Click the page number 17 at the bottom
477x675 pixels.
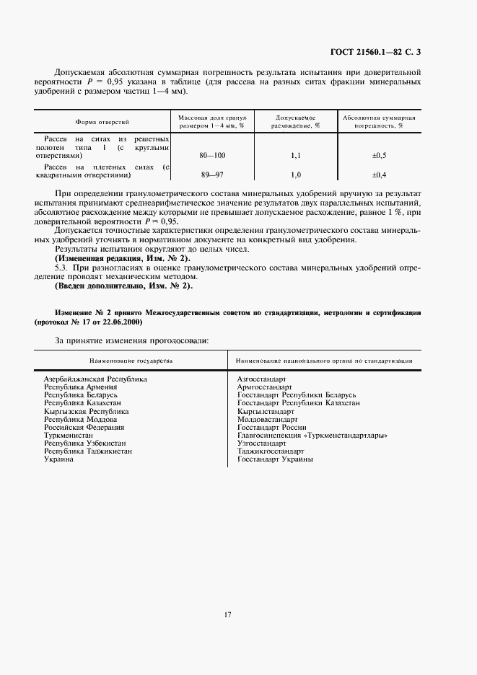click(x=227, y=615)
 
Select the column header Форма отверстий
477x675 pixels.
click(x=102, y=123)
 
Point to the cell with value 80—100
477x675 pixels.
click(x=212, y=155)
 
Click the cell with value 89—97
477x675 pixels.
click(x=212, y=175)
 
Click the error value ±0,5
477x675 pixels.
click(x=379, y=155)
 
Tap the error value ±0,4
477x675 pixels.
click(x=379, y=175)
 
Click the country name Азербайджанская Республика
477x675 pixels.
click(x=95, y=378)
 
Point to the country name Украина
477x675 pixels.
click(x=58, y=459)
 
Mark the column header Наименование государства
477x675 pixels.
click(x=131, y=359)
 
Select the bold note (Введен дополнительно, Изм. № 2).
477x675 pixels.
click(x=123, y=286)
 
